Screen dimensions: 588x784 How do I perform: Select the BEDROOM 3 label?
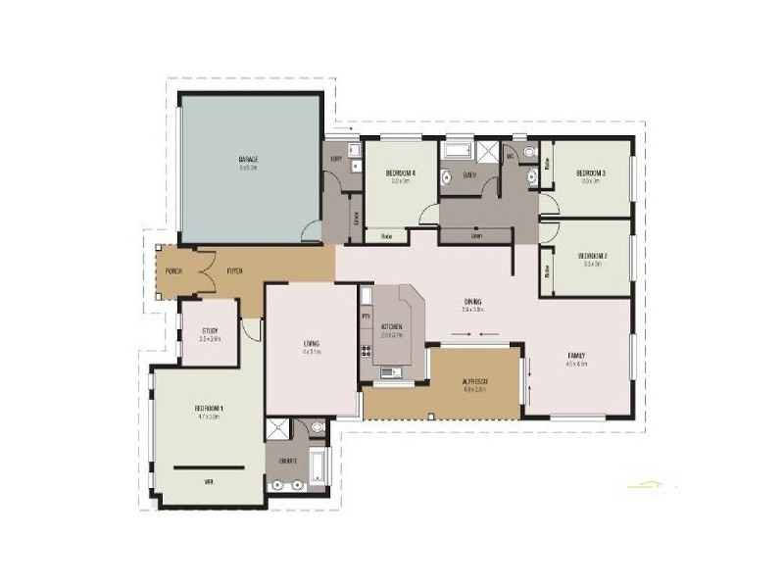click(x=590, y=173)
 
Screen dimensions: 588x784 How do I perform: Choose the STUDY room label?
click(x=210, y=331)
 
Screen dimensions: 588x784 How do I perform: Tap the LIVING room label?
click(x=312, y=343)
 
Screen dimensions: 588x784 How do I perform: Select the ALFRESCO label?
click(x=474, y=380)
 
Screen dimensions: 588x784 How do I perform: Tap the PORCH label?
click(x=173, y=270)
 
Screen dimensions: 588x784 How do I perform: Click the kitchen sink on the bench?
click(x=391, y=371)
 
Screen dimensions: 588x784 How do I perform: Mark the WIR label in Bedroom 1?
click(x=208, y=482)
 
